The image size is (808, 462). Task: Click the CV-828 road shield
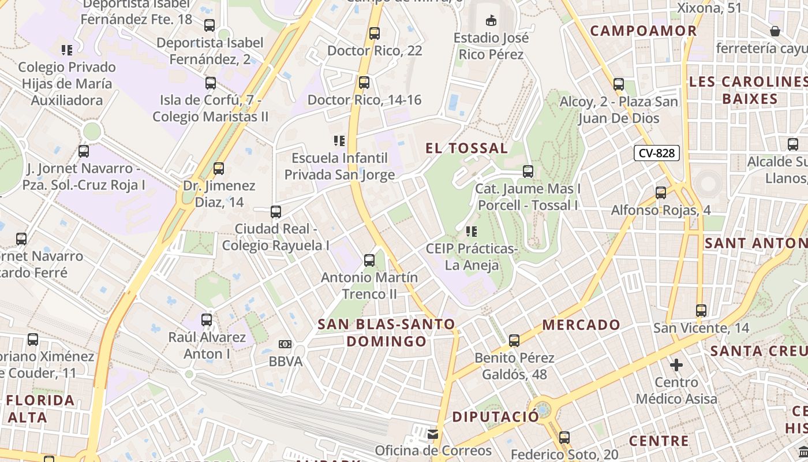tap(657, 153)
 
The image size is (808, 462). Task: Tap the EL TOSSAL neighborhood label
tap(467, 148)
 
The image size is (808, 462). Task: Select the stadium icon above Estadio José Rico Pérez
tap(491, 21)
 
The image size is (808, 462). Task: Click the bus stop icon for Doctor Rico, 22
tap(375, 33)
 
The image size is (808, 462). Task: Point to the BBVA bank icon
tap(285, 344)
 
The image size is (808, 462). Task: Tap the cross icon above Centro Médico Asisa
tap(676, 365)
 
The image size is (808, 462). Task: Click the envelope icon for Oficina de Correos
tap(432, 434)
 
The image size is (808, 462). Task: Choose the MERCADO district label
tap(581, 325)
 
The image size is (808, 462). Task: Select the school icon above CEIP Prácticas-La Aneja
tap(472, 232)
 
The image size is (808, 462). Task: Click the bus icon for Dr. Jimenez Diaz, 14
tap(218, 169)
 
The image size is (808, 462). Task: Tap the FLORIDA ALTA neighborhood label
tap(41, 408)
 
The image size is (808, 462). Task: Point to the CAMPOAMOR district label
tap(644, 31)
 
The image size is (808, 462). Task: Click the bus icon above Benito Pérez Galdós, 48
tap(514, 341)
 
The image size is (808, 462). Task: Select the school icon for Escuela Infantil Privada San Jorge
tap(339, 140)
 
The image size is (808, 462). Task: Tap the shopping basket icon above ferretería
tap(775, 31)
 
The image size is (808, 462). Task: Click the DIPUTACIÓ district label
tap(495, 417)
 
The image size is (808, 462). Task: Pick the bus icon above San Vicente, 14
tap(701, 311)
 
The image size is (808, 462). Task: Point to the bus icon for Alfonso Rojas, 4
tap(661, 192)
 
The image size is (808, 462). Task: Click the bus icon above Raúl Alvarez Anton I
tap(207, 319)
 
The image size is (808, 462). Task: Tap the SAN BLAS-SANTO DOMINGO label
tap(387, 333)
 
